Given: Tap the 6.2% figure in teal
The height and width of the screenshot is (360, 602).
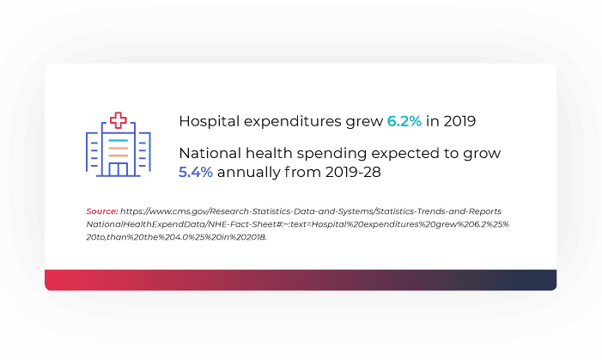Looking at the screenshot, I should tap(404, 121).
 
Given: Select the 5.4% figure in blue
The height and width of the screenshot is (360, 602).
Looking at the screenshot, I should tap(195, 173).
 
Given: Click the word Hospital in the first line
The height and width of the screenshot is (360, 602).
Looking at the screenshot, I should tap(207, 121).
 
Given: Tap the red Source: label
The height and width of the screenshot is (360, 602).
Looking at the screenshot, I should tap(101, 211).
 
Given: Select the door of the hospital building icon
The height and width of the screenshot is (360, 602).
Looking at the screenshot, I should tap(118, 170).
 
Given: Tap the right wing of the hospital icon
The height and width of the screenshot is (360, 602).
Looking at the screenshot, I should tap(143, 156).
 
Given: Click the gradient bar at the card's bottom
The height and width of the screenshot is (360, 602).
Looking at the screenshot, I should tap(301, 280).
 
